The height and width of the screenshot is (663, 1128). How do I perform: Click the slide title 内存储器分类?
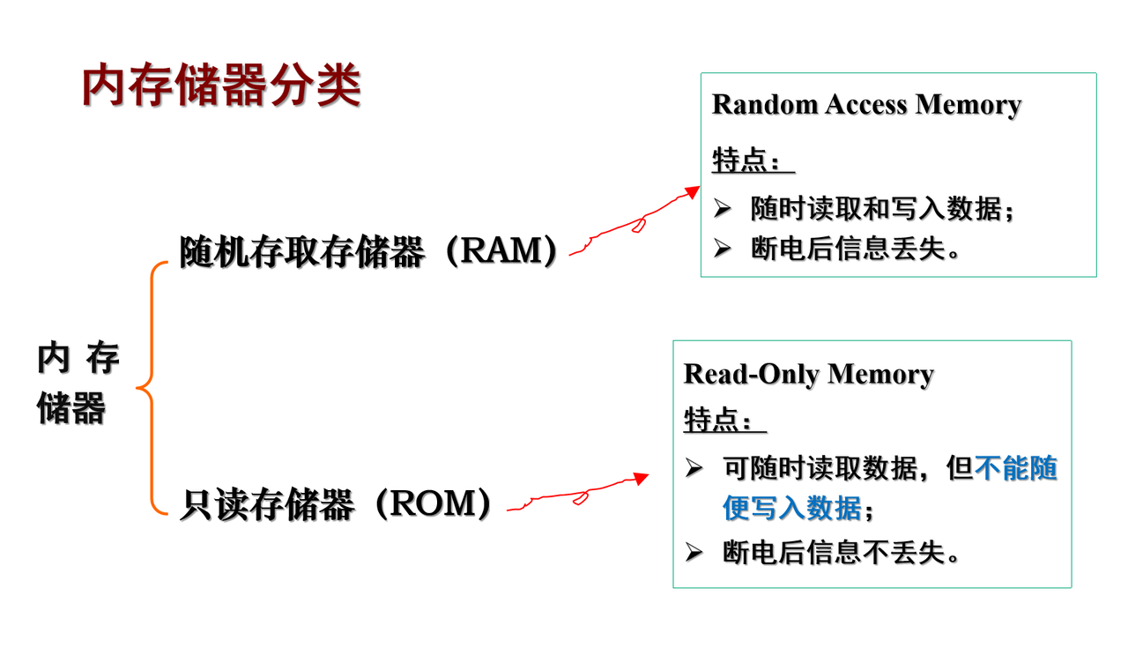tap(221, 86)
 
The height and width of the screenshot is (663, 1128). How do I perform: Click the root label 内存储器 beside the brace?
tap(77, 384)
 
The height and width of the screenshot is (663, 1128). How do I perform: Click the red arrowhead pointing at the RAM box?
tap(692, 191)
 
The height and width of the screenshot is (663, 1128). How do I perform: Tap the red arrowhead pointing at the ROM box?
tap(641, 478)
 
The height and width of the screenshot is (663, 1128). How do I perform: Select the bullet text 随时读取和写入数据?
tap(875, 209)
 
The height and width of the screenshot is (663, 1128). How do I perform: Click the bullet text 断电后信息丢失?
tap(847, 249)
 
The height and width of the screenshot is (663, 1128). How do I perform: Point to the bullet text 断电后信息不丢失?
tap(833, 553)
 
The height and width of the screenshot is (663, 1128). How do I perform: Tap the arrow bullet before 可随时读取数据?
tap(694, 469)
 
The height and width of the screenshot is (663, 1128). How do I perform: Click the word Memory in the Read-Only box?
tap(880, 374)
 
